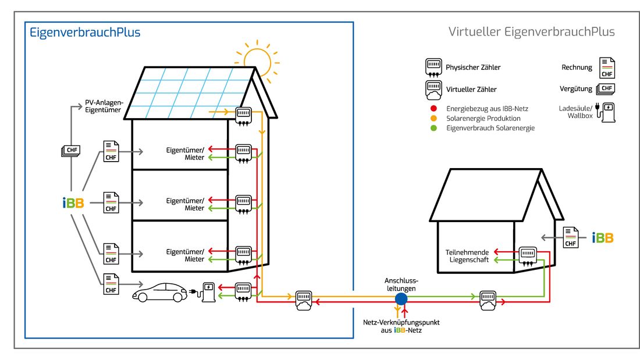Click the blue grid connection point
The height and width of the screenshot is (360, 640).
(x=401, y=298)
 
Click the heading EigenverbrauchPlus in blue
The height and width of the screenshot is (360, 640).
(x=85, y=33)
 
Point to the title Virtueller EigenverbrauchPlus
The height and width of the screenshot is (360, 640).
(x=531, y=32)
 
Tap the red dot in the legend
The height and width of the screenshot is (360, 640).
(x=433, y=109)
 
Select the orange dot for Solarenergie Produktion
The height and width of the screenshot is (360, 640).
(x=433, y=118)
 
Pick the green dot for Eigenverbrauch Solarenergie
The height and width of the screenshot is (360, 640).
(x=433, y=128)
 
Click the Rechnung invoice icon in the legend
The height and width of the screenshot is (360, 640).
(x=607, y=68)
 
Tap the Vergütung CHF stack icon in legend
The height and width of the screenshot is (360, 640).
(x=606, y=89)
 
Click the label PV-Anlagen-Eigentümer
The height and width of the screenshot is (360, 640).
(x=104, y=106)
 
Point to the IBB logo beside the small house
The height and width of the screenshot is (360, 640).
(x=602, y=237)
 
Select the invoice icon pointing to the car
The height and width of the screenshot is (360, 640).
(x=111, y=284)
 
